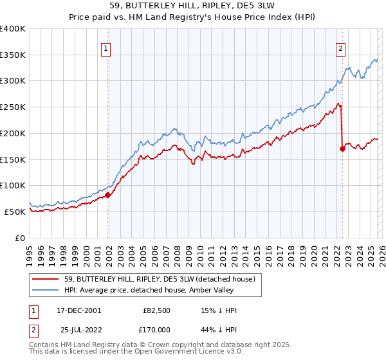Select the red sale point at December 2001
point(108,195)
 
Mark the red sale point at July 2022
point(342,149)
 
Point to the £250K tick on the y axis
point(14,107)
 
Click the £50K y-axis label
point(14,212)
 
